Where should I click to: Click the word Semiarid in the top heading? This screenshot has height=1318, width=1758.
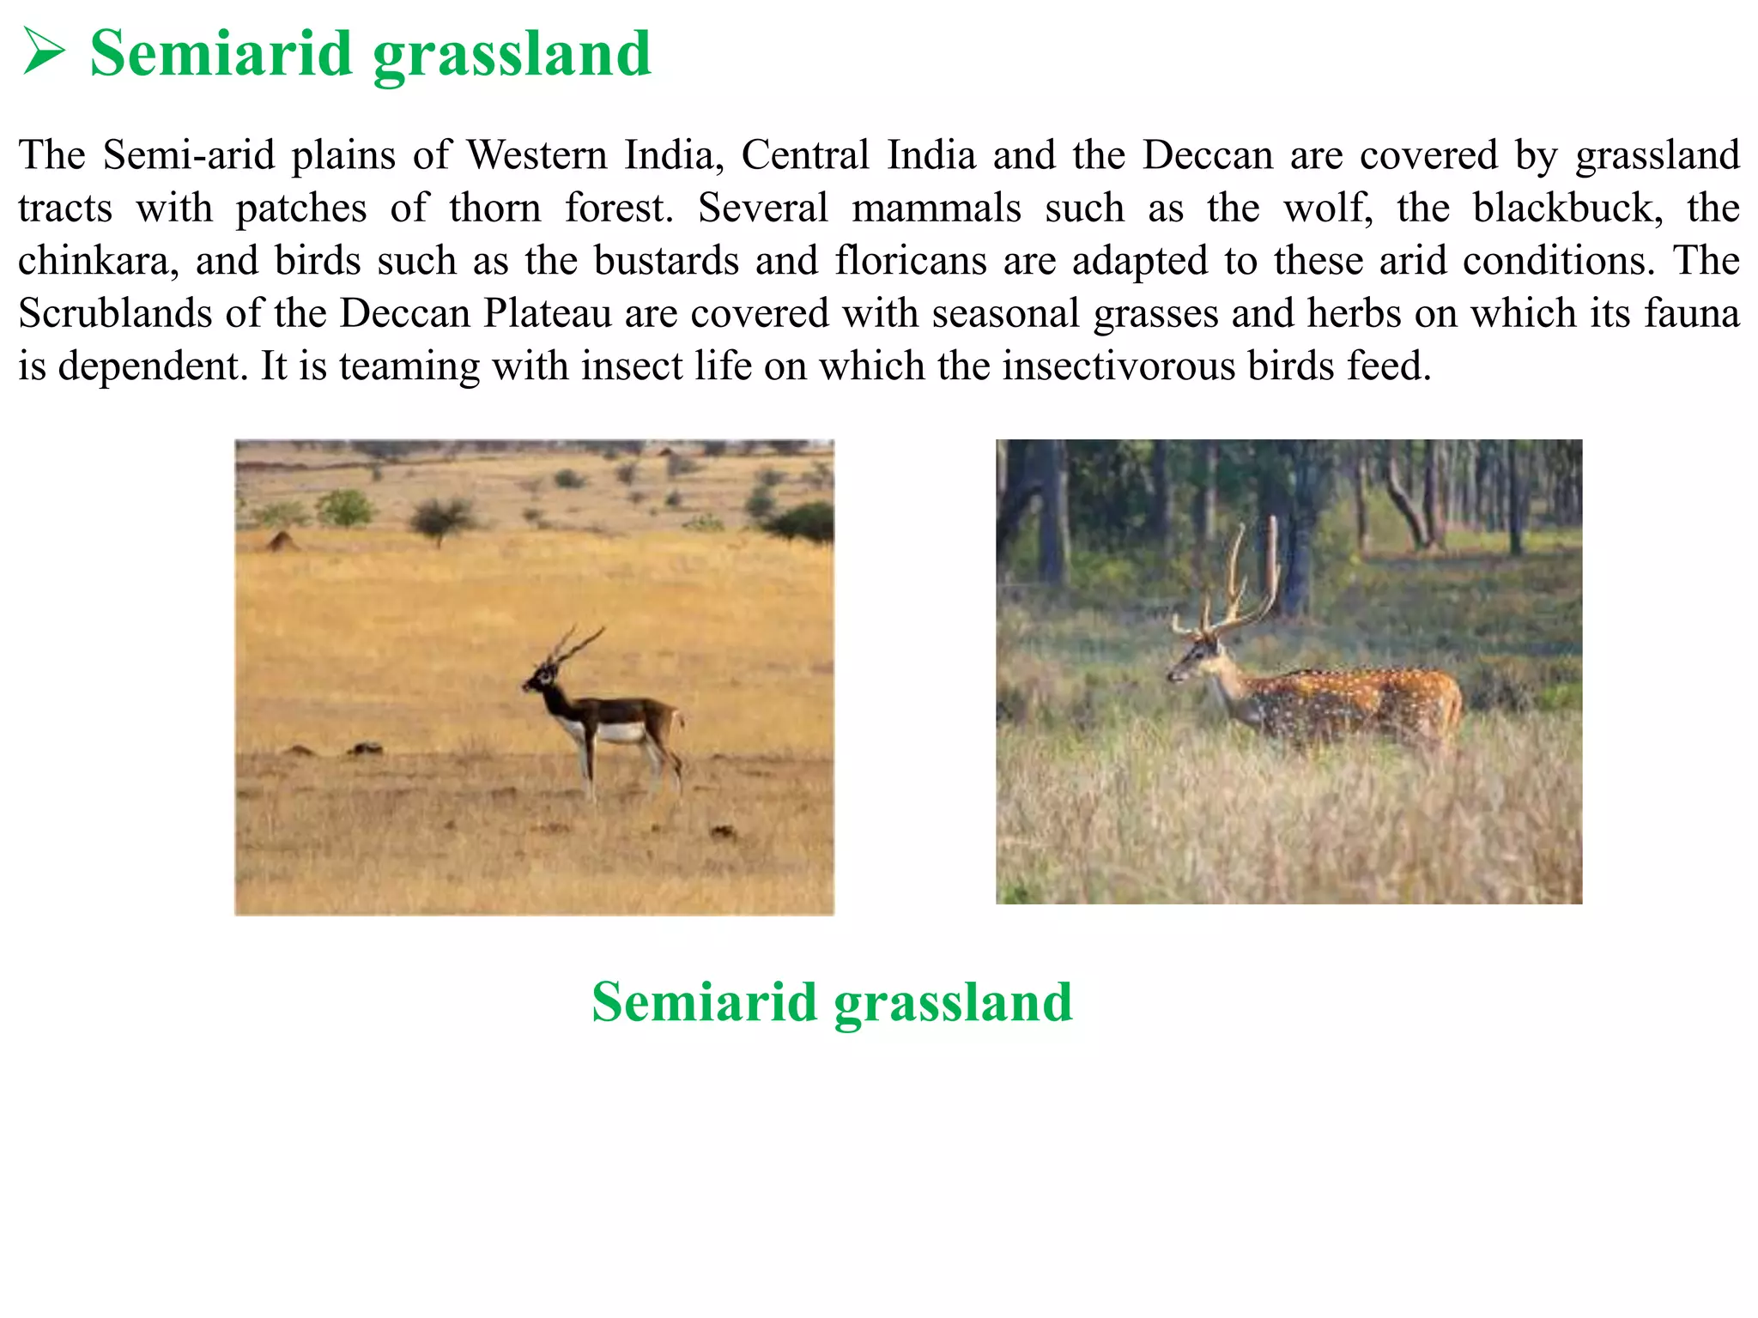click(x=221, y=53)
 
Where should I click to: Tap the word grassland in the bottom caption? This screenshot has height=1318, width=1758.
click(x=953, y=1002)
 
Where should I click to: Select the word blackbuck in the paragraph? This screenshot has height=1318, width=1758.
click(x=1567, y=208)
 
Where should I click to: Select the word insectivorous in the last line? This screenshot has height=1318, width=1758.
click(x=1118, y=366)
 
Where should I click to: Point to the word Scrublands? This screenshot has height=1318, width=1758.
click(x=114, y=313)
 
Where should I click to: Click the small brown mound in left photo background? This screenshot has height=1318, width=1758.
click(x=280, y=541)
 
